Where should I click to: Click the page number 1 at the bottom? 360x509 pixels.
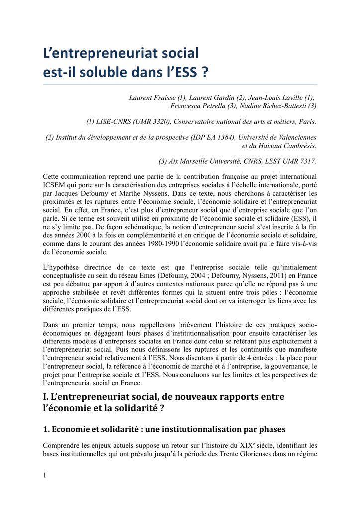(x=45, y=475)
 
